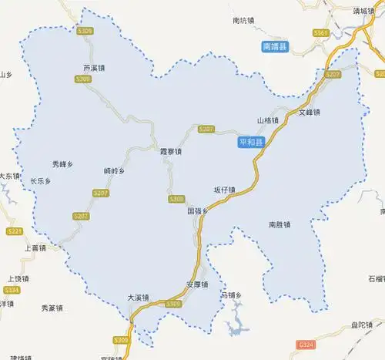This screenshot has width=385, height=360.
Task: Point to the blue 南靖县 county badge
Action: tap(274, 47)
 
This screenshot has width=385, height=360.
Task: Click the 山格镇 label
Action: tap(268, 121)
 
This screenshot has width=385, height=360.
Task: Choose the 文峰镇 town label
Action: tap(309, 113)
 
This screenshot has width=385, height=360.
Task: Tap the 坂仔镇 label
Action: tap(225, 190)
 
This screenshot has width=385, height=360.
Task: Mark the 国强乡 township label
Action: tap(198, 210)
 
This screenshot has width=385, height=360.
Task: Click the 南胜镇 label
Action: tap(280, 225)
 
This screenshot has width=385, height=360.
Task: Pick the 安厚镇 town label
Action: tap(198, 284)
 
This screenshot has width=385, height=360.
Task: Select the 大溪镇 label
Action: tap(139, 297)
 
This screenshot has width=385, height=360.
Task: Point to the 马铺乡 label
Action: tap(231, 295)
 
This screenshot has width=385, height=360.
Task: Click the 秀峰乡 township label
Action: tap(62, 164)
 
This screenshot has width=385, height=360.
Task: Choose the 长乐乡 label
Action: tap(40, 182)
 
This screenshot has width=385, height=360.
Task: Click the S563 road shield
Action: tap(321, 33)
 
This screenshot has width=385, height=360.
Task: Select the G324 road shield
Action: tap(306, 341)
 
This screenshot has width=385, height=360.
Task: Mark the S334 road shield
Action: tap(11, 290)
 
